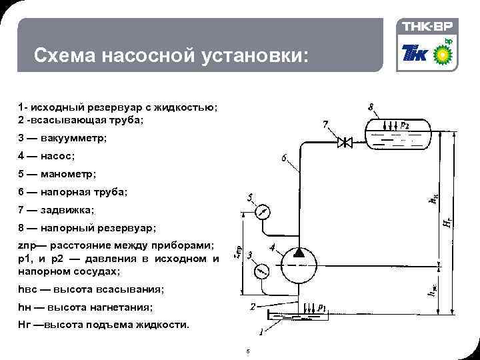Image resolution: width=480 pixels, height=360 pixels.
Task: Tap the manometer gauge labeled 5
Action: click(263, 212)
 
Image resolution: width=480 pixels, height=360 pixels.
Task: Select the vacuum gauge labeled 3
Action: click(263, 271)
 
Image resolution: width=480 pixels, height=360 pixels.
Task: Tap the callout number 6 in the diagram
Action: click(284, 159)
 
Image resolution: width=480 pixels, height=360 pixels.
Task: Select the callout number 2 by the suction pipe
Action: click(253, 307)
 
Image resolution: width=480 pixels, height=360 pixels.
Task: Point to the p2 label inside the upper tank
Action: click(405, 125)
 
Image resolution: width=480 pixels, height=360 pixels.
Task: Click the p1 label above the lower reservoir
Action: click(322, 307)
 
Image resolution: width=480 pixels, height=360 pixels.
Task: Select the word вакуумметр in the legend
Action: click(73, 138)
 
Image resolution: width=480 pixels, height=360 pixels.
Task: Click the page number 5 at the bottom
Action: click(247, 351)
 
